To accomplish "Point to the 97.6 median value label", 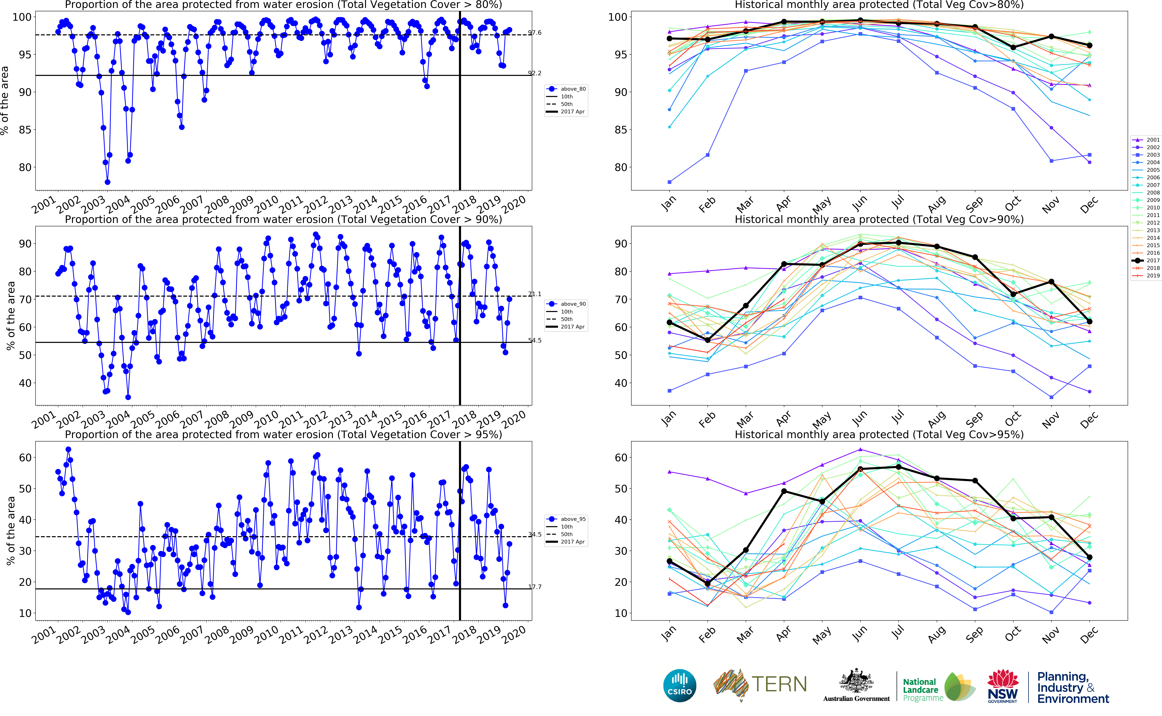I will click(x=535, y=33).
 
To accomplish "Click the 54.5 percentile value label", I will click(x=535, y=341).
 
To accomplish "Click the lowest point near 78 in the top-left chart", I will click(x=107, y=182).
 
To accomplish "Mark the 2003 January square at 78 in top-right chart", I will click(x=669, y=182).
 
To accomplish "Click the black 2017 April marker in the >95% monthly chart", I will click(x=784, y=491).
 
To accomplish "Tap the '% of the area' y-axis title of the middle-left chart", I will click(x=10, y=316).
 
